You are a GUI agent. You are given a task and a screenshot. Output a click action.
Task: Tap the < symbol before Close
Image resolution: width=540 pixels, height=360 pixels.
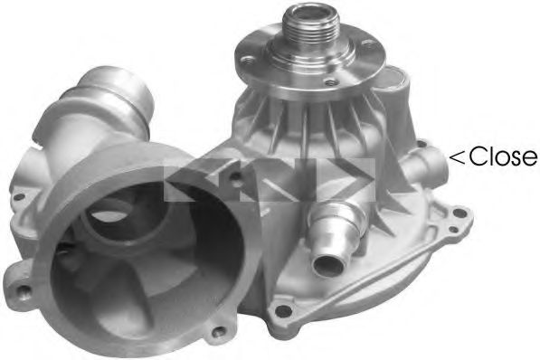point(458,158)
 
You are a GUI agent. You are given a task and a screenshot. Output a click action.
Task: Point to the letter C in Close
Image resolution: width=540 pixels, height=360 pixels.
point(477,157)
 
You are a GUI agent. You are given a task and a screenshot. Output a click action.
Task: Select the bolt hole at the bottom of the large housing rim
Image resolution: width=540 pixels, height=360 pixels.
point(138,341)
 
